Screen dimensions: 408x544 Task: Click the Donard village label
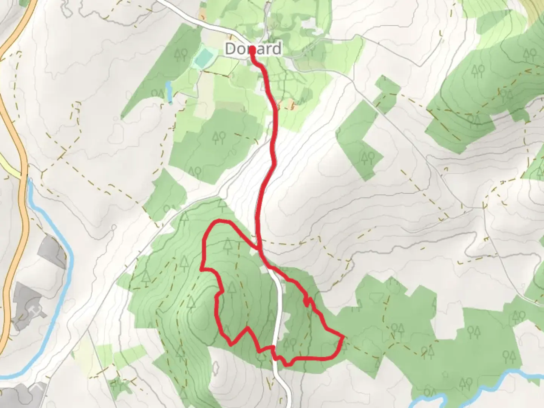[x=253, y=49]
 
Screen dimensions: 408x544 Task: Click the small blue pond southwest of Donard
[x=169, y=92]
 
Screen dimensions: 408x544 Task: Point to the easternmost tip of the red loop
[x=343, y=336]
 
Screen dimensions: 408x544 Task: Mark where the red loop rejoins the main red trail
[x=259, y=249]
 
